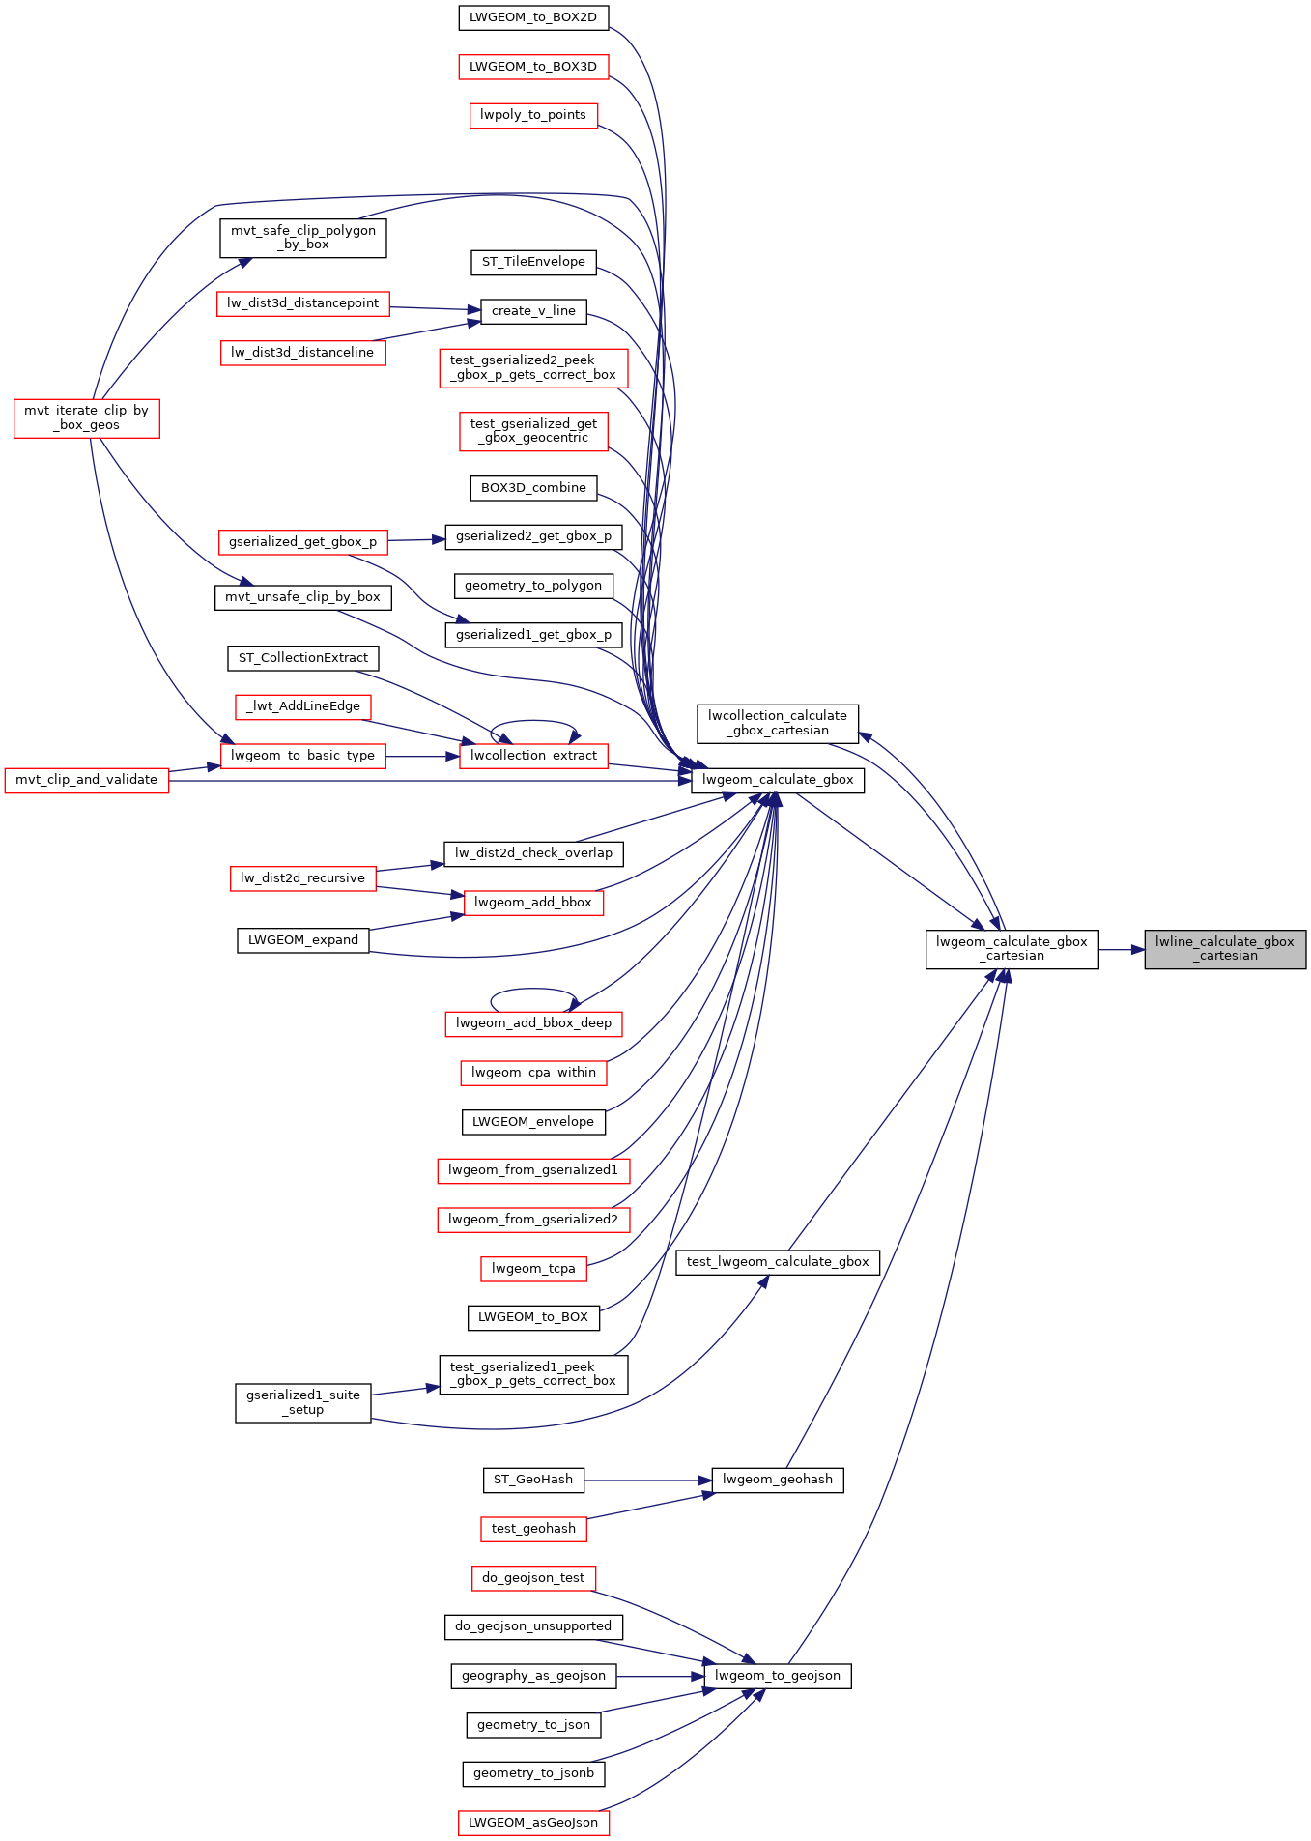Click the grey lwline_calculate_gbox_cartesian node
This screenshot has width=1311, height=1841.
click(1225, 949)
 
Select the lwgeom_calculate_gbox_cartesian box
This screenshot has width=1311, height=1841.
click(1012, 949)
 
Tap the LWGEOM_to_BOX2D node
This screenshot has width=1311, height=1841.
click(533, 16)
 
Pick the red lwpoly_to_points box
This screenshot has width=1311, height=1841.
click(533, 115)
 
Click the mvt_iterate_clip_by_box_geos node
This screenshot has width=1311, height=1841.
click(87, 417)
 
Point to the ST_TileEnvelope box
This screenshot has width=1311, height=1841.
click(533, 262)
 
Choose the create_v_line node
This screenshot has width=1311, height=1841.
click(533, 311)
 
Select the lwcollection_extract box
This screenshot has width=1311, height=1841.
click(533, 756)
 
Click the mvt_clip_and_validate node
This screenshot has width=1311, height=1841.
click(87, 780)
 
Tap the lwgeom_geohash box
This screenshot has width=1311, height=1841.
click(778, 1480)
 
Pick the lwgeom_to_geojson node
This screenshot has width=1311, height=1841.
click(778, 1676)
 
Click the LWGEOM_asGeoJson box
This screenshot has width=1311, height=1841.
click(533, 1823)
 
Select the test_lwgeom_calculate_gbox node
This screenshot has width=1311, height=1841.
click(778, 1262)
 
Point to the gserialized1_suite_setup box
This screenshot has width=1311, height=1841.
click(303, 1402)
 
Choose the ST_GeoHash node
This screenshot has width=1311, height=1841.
click(533, 1480)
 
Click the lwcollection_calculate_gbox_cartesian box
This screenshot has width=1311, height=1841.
click(778, 723)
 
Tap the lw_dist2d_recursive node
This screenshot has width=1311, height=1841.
click(303, 878)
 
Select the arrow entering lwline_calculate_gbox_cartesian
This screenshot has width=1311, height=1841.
click(1122, 949)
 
